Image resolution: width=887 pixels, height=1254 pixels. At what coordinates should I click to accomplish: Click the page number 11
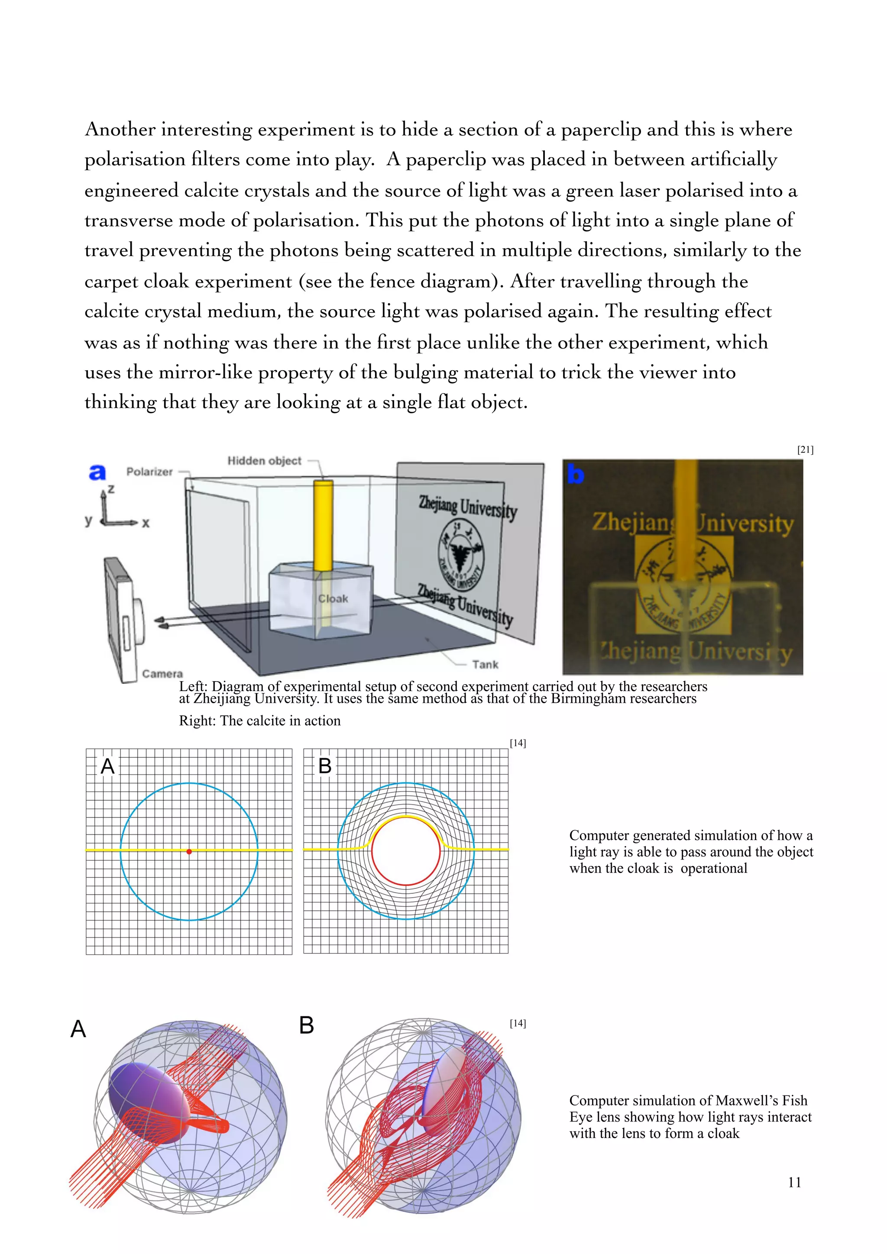[x=794, y=1182]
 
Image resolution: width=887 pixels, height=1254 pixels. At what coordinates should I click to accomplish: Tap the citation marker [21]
[x=805, y=449]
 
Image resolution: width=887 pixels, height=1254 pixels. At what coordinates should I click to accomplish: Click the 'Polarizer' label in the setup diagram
[x=149, y=472]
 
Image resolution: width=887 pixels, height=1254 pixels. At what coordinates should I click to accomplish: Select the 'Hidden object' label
[x=264, y=460]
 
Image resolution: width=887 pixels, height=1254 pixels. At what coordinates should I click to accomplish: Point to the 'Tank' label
[x=485, y=664]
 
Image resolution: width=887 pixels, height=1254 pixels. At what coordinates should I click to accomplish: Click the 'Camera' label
[x=162, y=673]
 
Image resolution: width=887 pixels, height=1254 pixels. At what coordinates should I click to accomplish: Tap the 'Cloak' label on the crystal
[x=333, y=598]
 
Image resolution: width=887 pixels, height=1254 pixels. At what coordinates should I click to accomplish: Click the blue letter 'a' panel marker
[x=97, y=472]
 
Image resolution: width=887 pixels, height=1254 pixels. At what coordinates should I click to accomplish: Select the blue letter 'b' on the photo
[x=575, y=474]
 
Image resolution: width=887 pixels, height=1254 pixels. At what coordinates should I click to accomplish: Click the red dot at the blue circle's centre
[x=189, y=851]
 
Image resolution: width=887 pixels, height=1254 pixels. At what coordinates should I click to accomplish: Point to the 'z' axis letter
[x=111, y=489]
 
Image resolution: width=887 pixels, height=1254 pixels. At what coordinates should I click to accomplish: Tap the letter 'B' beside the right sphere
[x=306, y=1025]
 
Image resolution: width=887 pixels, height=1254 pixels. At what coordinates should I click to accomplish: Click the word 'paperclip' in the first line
[x=600, y=129]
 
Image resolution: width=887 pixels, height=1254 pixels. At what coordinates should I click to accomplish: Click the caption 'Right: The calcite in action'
[x=259, y=721]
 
